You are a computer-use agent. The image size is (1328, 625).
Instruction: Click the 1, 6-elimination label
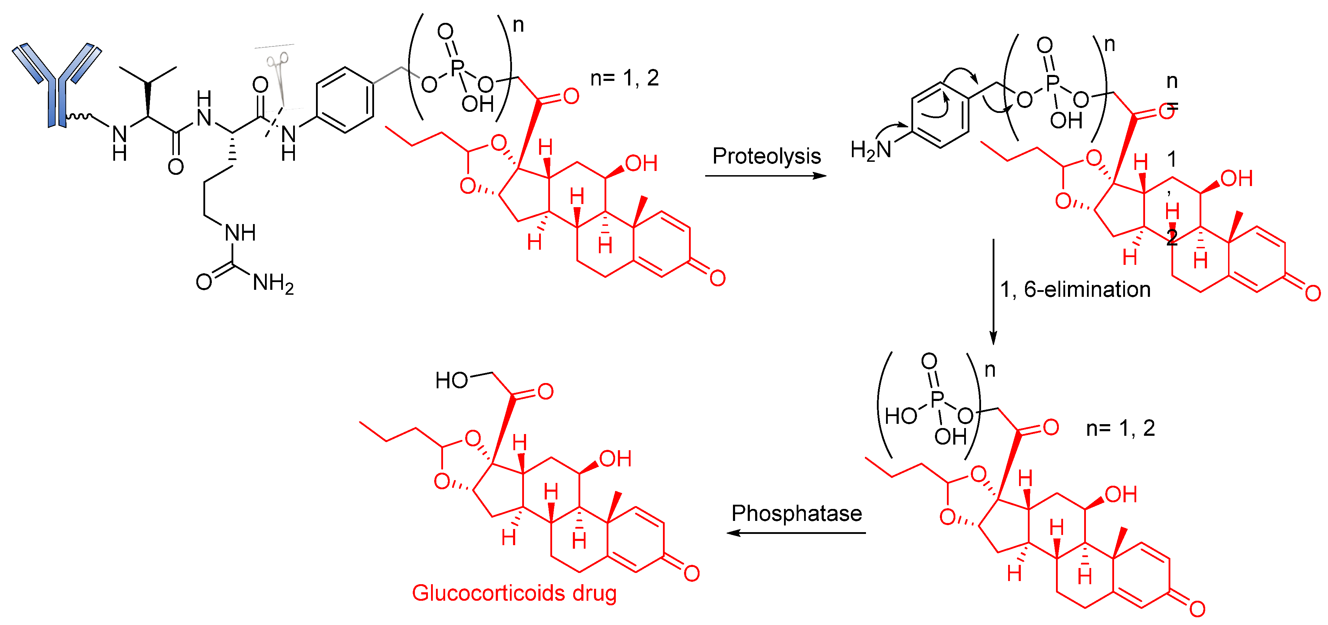pyautogui.click(x=1075, y=289)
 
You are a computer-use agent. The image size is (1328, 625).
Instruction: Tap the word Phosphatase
pyautogui.click(x=797, y=513)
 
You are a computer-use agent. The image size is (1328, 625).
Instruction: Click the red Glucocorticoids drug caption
pyautogui.click(x=514, y=593)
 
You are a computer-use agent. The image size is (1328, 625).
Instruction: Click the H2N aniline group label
pyautogui.click(x=871, y=150)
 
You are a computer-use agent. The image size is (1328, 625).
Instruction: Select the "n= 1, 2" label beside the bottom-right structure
pyautogui.click(x=1120, y=428)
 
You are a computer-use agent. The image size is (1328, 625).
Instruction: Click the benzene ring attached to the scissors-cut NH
pyautogui.click(x=345, y=100)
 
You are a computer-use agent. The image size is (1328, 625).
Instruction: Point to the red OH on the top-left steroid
pyautogui.click(x=641, y=164)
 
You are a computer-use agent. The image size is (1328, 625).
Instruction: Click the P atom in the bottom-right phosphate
pyautogui.click(x=937, y=398)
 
